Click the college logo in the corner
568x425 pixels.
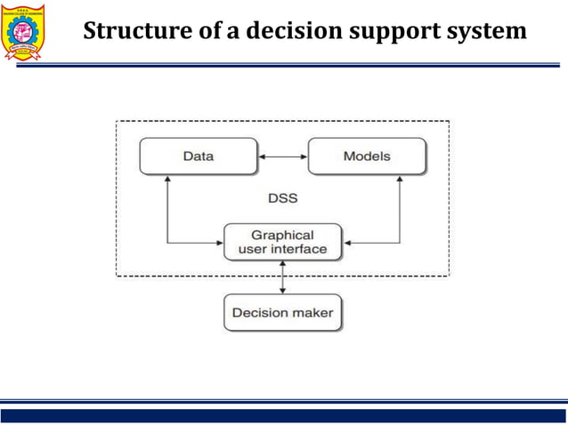(28, 33)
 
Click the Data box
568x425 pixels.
(198, 156)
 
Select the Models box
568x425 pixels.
(366, 156)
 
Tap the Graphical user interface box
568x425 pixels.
(282, 242)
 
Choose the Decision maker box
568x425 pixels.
(282, 313)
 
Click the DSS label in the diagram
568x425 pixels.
(282, 198)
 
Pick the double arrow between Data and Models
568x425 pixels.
(282, 157)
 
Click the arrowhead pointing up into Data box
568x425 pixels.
(167, 180)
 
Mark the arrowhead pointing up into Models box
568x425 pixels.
(400, 180)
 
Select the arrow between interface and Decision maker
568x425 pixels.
(283, 277)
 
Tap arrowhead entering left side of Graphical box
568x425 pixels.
(217, 242)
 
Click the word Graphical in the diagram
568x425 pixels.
(282, 235)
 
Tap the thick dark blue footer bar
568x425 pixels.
(283, 415)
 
